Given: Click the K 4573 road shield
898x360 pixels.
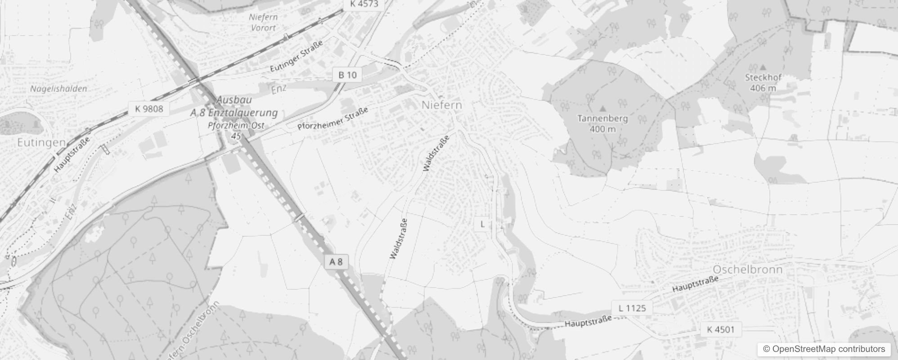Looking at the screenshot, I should pyautogui.click(x=361, y=4).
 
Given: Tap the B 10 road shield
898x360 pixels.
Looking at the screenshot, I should pyautogui.click(x=347, y=75).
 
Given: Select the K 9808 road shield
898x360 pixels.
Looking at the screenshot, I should pyautogui.click(x=149, y=109).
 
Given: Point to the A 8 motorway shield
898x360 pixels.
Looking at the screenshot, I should pyautogui.click(x=336, y=261).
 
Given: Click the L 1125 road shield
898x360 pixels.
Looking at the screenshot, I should pyautogui.click(x=632, y=308).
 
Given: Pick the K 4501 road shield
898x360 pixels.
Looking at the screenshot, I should pyautogui.click(x=721, y=329).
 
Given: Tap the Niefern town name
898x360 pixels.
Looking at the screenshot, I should pyautogui.click(x=442, y=105).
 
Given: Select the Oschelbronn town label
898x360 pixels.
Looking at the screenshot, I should pyautogui.click(x=748, y=270).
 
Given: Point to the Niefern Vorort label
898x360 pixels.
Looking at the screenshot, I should pyautogui.click(x=264, y=22).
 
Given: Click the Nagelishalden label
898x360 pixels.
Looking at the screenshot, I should pyautogui.click(x=58, y=89).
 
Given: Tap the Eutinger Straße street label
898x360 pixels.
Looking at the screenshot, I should pyautogui.click(x=296, y=56).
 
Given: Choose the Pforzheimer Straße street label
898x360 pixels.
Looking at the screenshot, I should pyautogui.click(x=333, y=118).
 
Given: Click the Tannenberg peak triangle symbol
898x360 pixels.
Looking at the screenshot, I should pyautogui.click(x=603, y=108).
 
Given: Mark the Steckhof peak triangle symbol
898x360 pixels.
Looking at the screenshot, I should pyautogui.click(x=763, y=67).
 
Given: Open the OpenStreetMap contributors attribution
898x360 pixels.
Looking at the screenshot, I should pyautogui.click(x=824, y=349).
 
